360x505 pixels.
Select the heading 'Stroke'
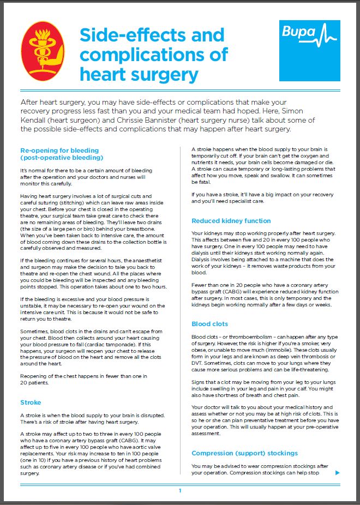coord(31,402)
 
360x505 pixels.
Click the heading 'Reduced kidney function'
coord(231,221)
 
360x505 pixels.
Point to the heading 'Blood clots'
coord(209,323)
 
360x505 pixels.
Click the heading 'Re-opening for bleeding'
coord(59,150)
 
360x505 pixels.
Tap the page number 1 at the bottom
coord(179,491)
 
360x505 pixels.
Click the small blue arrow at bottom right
coord(338,472)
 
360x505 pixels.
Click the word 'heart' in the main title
coord(106,74)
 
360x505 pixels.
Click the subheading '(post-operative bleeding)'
coord(62,157)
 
